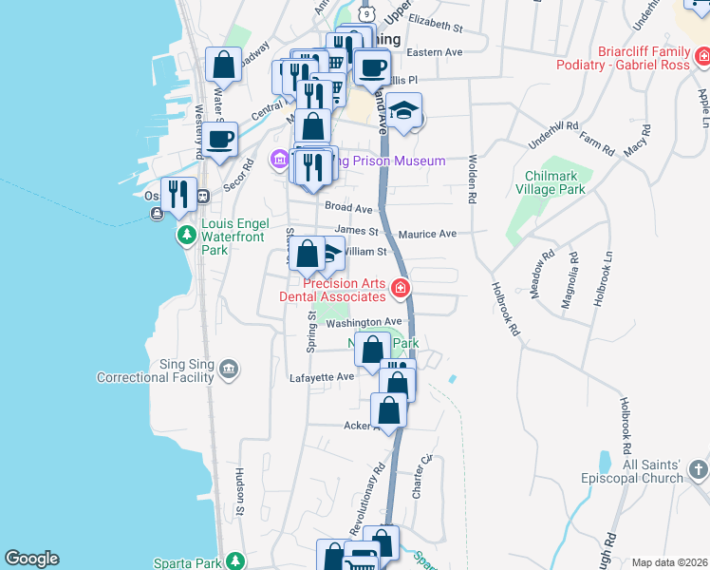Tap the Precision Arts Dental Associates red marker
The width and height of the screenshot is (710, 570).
tap(402, 289)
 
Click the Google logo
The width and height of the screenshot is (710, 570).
tap(31, 559)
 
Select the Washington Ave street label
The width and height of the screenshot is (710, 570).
tap(365, 323)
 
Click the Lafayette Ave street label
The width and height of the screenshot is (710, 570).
tap(322, 377)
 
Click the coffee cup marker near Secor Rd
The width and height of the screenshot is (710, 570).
tap(220, 140)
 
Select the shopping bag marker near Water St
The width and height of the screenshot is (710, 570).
tap(223, 65)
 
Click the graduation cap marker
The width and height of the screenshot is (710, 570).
tap(404, 111)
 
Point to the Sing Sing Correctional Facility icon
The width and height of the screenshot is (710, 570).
tap(228, 369)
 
